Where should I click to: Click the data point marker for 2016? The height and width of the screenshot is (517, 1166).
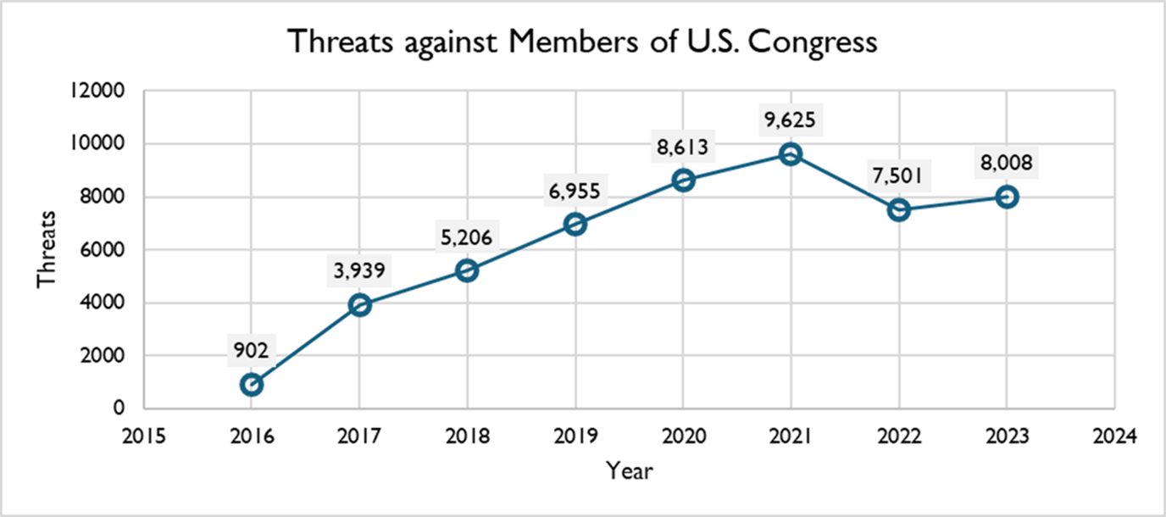[252, 385]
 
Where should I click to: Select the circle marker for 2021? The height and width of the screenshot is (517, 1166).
[791, 154]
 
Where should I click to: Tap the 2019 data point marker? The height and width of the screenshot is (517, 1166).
[575, 225]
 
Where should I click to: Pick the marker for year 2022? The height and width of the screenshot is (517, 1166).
[898, 210]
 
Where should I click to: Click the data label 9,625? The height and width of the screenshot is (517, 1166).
[791, 120]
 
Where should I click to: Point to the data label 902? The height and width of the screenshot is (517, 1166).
[252, 351]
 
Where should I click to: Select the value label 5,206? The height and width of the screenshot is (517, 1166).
[467, 236]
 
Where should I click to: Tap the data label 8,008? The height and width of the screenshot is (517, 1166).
[1006, 163]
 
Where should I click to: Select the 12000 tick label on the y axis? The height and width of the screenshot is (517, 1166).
[102, 92]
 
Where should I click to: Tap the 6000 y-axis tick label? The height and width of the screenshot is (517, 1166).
[107, 250]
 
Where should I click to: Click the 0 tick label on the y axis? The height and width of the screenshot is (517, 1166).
[120, 409]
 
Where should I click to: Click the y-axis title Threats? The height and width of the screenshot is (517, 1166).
[46, 250]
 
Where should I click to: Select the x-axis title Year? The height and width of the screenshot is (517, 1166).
[630, 470]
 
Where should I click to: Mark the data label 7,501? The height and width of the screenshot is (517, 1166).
[898, 176]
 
